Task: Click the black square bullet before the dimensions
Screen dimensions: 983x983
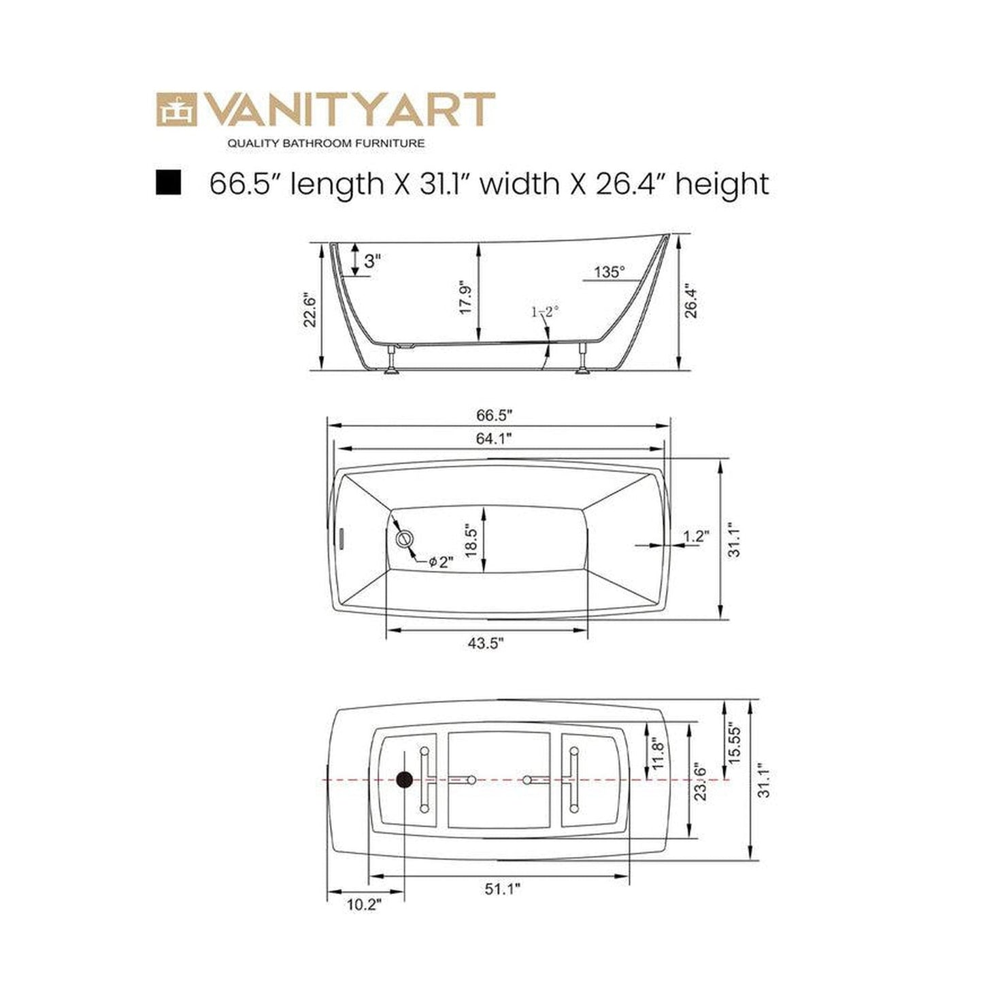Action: click(x=168, y=183)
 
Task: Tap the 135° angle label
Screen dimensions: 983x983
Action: click(x=609, y=272)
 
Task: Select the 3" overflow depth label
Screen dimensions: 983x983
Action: click(x=372, y=261)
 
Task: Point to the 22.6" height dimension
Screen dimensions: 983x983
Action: click(x=310, y=310)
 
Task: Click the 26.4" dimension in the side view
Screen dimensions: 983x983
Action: click(x=690, y=301)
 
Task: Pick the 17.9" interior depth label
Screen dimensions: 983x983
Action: click(x=466, y=297)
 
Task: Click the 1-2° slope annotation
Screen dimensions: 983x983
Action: click(x=545, y=312)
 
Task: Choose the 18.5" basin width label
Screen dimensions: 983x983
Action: click(x=469, y=540)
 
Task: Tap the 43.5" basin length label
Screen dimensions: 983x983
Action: click(x=486, y=643)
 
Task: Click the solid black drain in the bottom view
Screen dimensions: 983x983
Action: click(x=404, y=780)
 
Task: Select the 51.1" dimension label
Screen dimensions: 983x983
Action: click(x=502, y=888)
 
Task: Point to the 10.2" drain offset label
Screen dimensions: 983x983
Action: click(x=364, y=904)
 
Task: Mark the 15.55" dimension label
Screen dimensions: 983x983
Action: click(x=731, y=744)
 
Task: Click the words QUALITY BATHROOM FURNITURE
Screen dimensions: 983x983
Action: click(x=326, y=143)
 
